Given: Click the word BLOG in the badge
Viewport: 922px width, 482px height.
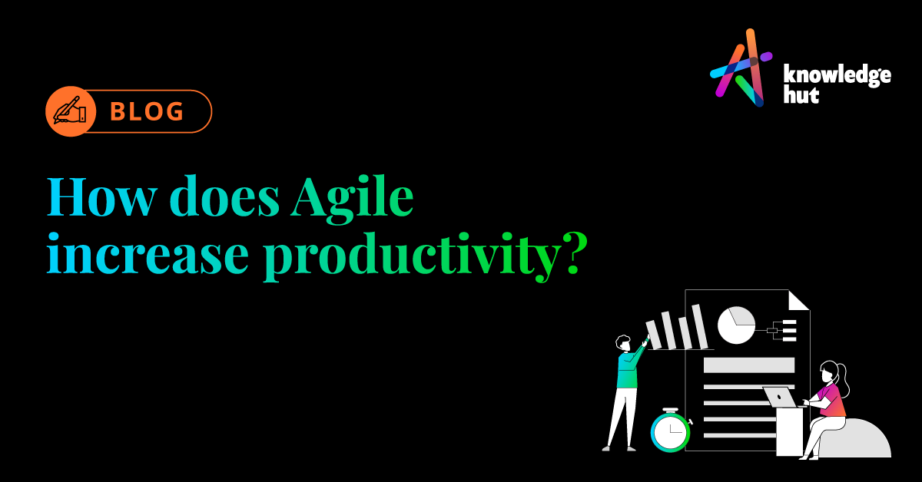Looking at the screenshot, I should tap(147, 112).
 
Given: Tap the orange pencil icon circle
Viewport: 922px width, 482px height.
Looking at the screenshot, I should tap(70, 112).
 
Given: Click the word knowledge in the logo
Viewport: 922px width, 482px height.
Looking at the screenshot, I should tap(835, 76).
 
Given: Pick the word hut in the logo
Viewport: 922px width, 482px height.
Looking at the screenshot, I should tap(799, 95).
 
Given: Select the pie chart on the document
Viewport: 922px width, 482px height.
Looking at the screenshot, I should tap(735, 325).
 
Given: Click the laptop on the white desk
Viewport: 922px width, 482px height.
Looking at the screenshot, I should tap(780, 397).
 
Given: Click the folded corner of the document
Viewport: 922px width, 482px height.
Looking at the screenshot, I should tap(798, 299).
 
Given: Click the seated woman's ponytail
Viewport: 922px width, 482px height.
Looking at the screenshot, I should tap(842, 376).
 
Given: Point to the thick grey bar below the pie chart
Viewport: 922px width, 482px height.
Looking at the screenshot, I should tap(748, 365).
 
